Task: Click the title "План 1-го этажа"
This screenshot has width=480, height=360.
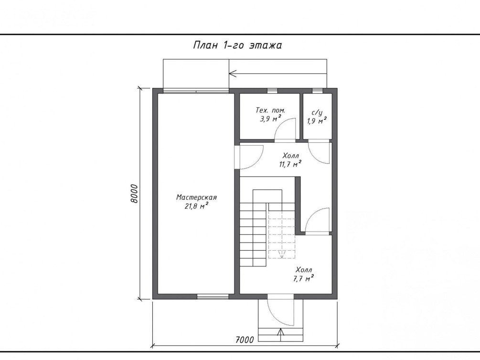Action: [x=237, y=45]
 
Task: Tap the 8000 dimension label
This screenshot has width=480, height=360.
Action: [x=134, y=193]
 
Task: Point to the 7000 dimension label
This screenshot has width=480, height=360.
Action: [x=245, y=340]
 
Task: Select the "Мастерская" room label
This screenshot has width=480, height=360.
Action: [x=196, y=198]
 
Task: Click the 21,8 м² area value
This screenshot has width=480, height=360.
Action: [x=196, y=206]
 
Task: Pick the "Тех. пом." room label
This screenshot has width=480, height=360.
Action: [x=270, y=110]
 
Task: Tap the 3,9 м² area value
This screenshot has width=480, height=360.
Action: [x=271, y=118]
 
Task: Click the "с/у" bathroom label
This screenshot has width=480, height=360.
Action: [x=317, y=113]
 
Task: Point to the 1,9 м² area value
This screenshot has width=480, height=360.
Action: [x=317, y=121]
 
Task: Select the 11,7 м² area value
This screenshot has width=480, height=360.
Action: [x=290, y=164]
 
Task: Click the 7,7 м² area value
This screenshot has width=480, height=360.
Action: [x=303, y=278]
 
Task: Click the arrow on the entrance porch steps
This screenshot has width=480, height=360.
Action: [x=281, y=334]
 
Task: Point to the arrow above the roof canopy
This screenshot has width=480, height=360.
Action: [x=278, y=74]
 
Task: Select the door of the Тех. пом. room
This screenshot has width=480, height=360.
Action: [x=285, y=130]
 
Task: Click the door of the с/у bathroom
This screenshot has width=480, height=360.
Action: [x=319, y=153]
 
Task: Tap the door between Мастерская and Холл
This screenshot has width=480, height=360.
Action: [x=249, y=157]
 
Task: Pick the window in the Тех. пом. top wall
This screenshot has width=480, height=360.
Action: [x=272, y=90]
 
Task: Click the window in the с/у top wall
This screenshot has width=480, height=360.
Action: [x=317, y=90]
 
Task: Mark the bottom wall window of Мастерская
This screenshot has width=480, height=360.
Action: [x=213, y=296]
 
